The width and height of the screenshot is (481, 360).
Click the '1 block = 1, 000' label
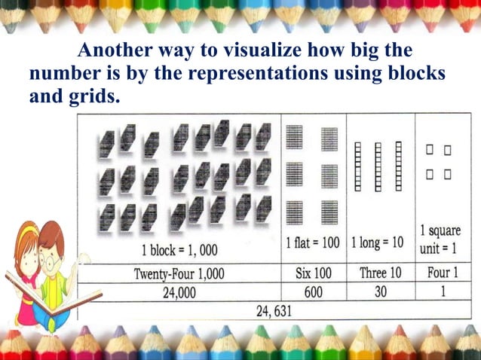[x=179, y=248]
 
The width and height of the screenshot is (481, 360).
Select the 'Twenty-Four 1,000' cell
[x=178, y=273]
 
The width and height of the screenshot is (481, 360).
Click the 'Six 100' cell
[x=313, y=273]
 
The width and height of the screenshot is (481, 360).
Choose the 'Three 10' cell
[x=378, y=273]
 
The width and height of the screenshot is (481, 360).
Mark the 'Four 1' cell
[x=443, y=273]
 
